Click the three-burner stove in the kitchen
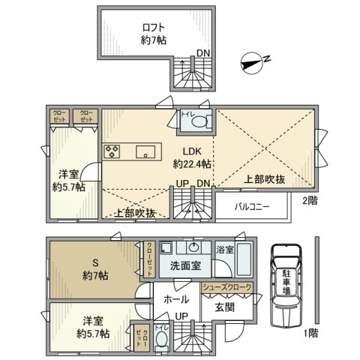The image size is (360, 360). click(113, 152)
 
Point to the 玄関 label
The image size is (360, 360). click(225, 306)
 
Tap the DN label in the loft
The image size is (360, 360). click(204, 52)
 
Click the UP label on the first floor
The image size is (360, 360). click(181, 316)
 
